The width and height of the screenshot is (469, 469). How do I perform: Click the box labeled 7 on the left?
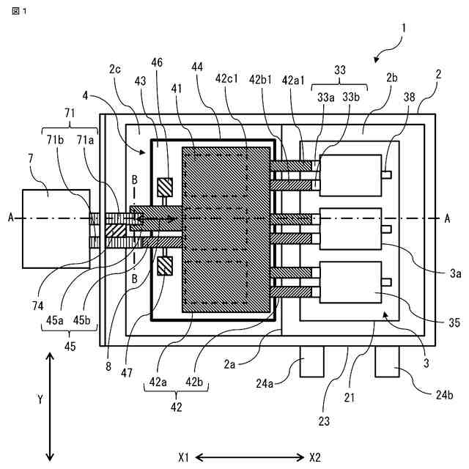pos(56,229)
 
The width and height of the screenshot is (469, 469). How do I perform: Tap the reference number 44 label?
pos(197,67)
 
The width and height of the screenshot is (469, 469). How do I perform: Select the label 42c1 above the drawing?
pos(226,78)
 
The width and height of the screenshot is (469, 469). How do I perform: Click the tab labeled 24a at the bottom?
pos(311,361)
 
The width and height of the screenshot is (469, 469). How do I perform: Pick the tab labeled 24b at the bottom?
pos(387,361)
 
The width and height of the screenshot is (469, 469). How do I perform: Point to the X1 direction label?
pos(184,457)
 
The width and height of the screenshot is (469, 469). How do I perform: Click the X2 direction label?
pos(315,457)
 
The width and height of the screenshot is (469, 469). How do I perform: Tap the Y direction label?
pos(40,399)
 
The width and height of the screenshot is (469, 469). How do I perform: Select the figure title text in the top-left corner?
pos(19,12)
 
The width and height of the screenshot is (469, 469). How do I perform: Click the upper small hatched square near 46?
pos(165,188)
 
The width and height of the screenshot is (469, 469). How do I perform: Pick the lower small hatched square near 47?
pos(165,266)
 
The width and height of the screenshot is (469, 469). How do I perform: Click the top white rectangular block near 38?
pos(350,175)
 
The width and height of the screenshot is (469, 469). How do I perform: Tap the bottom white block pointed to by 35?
pos(350,282)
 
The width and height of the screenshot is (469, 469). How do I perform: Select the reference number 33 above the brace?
pos(340,70)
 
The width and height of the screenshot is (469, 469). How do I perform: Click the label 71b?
pos(55,140)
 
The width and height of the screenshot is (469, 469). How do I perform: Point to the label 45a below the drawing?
pos(55,320)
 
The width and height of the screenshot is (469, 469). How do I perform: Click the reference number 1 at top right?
pos(404,29)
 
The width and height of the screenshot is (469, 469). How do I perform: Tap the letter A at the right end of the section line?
pos(447,218)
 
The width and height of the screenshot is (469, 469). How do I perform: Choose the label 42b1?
pos(261,80)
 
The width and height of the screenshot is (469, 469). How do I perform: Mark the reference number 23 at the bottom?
pos(324,421)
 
